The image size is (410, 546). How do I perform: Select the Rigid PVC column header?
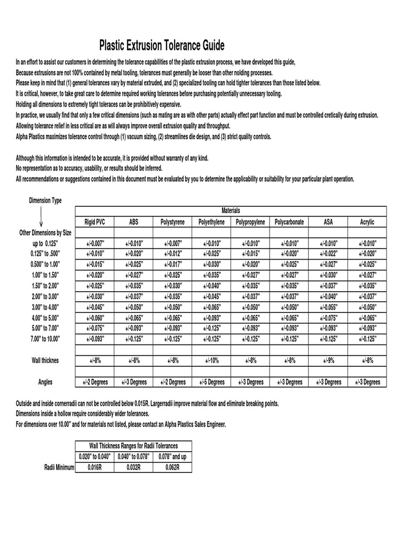point(95,222)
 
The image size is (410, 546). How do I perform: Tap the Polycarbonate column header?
point(289,222)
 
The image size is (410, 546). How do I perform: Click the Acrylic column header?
point(367,222)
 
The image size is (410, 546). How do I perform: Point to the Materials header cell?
point(231,211)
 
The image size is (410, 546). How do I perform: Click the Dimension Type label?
point(45,200)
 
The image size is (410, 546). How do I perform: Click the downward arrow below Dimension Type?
point(41,218)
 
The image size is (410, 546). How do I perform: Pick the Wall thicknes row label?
point(45,360)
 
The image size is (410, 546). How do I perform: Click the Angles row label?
point(45,382)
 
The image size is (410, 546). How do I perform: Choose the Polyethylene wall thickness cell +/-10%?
point(211,360)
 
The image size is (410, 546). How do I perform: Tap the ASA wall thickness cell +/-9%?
point(328,360)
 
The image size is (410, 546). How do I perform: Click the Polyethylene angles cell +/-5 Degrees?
point(211,382)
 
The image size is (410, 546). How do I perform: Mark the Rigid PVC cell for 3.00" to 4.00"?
point(95,307)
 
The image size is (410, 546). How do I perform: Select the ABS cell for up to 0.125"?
point(133,243)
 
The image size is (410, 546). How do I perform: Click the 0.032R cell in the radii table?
point(133,468)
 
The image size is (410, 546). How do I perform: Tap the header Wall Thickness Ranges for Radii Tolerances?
point(133,445)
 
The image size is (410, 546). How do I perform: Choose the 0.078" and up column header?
point(172,456)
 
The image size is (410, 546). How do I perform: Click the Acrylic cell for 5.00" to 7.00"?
point(367,328)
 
